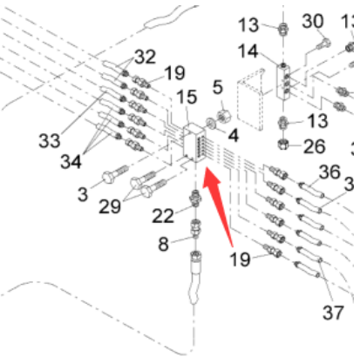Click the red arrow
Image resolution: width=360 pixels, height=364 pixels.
coord(217,203)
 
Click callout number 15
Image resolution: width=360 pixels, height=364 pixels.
coord(187,97)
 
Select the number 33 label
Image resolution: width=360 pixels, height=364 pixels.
coord(50,140)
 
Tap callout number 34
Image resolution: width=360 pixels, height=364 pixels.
coord(71,161)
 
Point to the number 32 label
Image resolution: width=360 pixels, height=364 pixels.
coord(146,57)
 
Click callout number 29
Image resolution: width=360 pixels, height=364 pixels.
coord(110,206)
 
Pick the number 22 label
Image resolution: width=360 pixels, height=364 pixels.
coord(163,216)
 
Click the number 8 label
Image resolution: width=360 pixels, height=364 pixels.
coord(163,244)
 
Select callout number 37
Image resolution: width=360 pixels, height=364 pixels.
coord(333,313)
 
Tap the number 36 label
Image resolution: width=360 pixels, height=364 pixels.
coord(329,172)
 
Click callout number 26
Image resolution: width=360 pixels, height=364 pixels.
coord(314,146)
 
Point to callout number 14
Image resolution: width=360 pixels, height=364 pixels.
coord(248,51)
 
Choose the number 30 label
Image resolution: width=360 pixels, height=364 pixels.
coord(313,21)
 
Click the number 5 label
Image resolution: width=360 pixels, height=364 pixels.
coord(218,87)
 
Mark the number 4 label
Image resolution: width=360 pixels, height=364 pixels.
coord(233,135)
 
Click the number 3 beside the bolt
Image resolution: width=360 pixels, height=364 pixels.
coord(83,194)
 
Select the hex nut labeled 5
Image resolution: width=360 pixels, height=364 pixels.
coord(224,116)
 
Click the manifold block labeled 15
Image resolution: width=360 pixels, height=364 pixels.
coord(194,143)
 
